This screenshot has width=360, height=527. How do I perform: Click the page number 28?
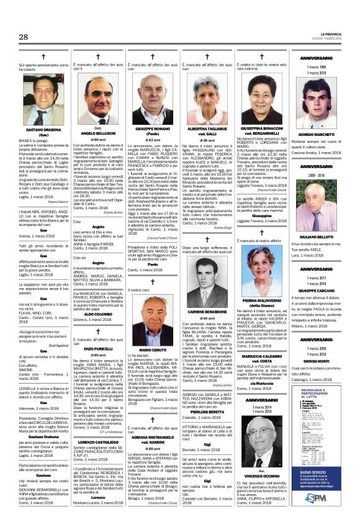24,38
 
